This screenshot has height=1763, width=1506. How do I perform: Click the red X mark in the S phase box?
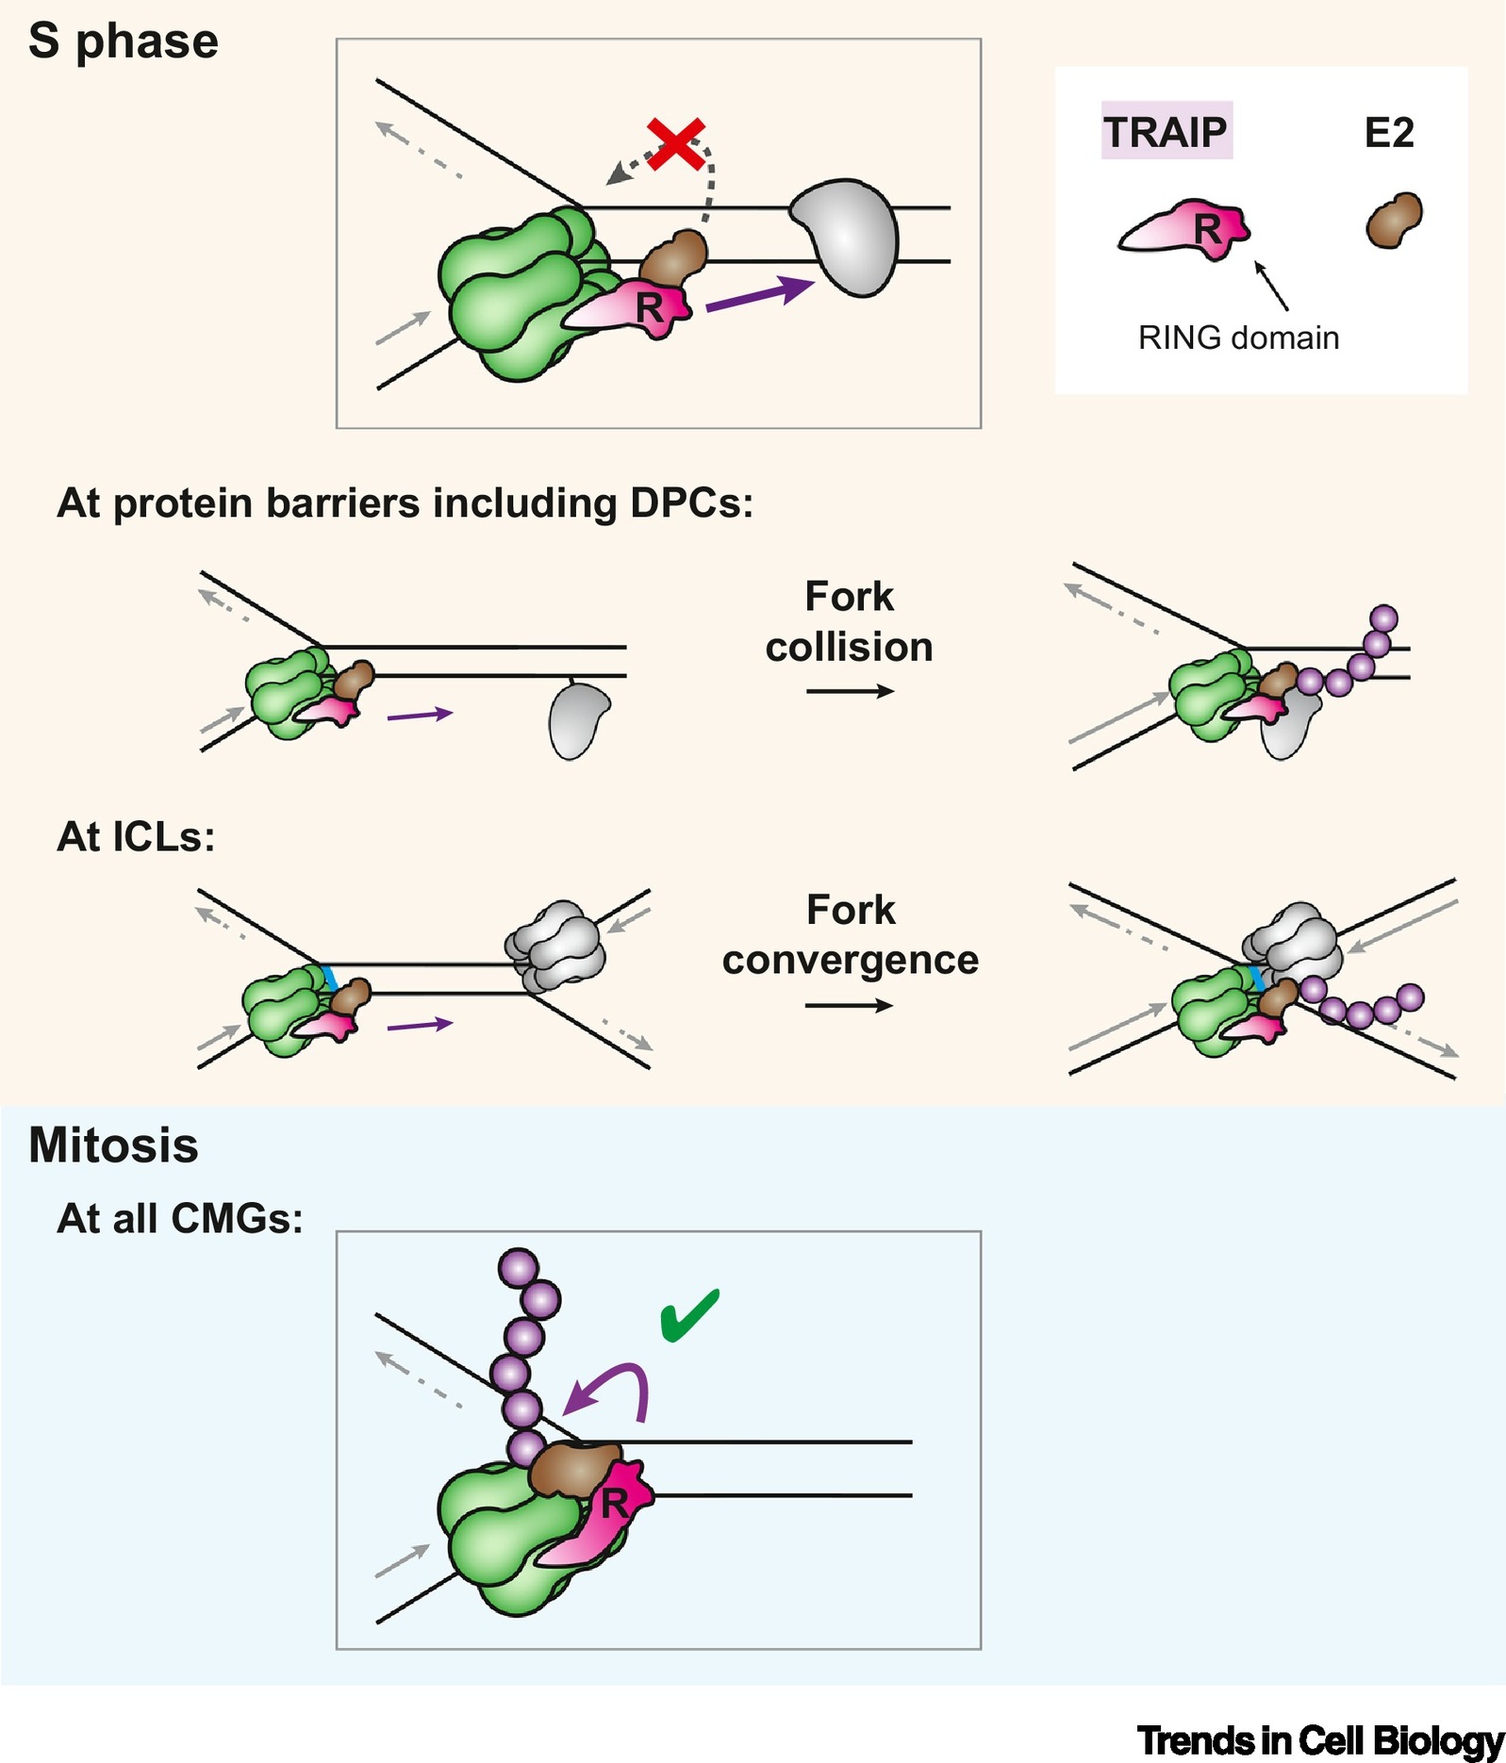point(676,144)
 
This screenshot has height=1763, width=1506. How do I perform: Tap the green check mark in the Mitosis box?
point(689,1314)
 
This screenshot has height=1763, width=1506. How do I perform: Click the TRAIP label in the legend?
point(1166,132)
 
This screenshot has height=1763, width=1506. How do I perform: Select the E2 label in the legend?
point(1389,133)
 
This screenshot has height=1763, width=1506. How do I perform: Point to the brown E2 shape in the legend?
point(1394,221)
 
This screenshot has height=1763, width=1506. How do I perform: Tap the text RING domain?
point(1238,338)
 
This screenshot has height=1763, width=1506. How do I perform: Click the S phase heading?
point(124,42)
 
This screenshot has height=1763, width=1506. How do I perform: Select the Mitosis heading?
point(113,1145)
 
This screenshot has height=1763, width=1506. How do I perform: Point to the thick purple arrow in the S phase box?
point(760,292)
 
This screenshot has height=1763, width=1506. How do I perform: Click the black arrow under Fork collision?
point(850,691)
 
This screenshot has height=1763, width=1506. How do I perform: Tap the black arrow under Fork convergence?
point(849,1006)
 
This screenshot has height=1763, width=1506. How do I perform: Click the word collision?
point(849,648)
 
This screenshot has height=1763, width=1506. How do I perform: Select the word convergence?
point(851,961)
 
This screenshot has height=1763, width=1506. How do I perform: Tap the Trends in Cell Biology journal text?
point(1319,1740)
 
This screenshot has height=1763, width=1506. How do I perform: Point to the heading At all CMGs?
point(180,1219)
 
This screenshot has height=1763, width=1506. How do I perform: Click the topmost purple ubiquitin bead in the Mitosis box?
point(518,1267)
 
